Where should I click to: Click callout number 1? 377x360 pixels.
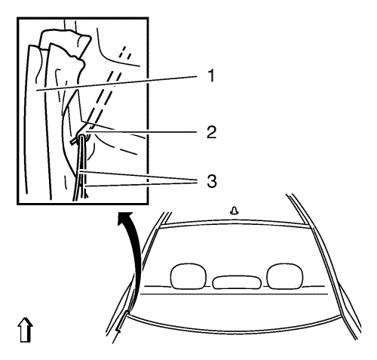coord(211,76)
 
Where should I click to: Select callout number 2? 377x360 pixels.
coord(212,132)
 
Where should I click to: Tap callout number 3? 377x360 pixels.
coord(212,181)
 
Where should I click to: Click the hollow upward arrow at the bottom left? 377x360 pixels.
coord(25,330)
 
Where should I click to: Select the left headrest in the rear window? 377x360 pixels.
coord(188,276)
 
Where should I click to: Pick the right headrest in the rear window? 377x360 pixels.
coord(285,276)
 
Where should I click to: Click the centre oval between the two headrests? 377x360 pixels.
coord(237,282)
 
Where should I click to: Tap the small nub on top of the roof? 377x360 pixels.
coord(234,211)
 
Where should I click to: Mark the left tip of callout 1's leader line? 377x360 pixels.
coord(35,90)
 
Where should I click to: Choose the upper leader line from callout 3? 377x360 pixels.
coord(137,176)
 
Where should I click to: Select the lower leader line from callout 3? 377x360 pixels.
coord(140,184)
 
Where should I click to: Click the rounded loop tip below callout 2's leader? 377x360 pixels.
coord(82,137)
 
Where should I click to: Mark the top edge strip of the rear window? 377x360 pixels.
coord(234,224)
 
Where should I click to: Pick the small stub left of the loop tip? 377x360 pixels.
coord(73,142)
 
